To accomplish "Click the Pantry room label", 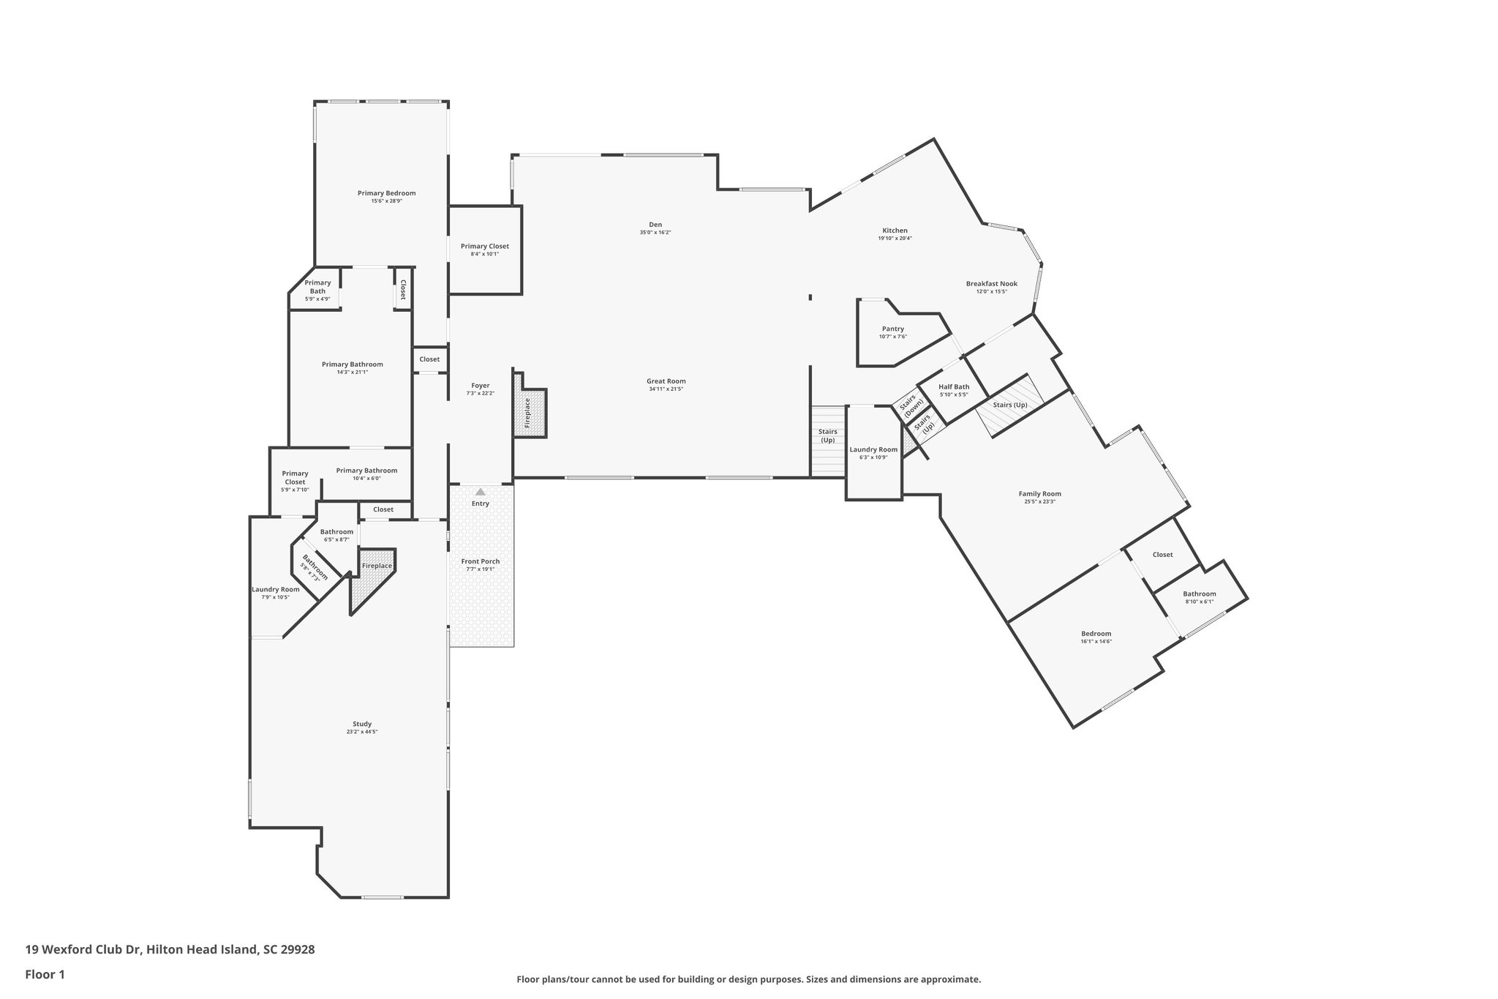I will [x=892, y=329].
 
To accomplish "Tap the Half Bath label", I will [x=954, y=387].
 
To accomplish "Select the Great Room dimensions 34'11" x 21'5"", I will [x=666, y=389].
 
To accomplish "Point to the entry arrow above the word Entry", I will [x=481, y=492].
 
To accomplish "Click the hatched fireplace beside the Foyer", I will [x=530, y=413].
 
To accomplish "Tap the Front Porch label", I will [x=480, y=561].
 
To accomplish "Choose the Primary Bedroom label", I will [x=386, y=193].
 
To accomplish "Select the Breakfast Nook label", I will [x=991, y=284].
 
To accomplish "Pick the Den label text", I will [x=655, y=225].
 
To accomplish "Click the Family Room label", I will [x=1039, y=494].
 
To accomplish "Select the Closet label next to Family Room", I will [x=1162, y=555].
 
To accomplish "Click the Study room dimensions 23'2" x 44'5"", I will [x=362, y=732].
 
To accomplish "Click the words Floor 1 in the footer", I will [x=45, y=974].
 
